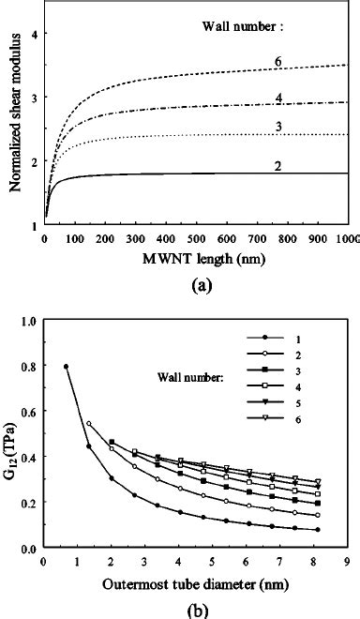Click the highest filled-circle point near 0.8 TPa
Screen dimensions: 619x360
tap(66, 367)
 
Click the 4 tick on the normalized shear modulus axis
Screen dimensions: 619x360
tap(35, 34)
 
